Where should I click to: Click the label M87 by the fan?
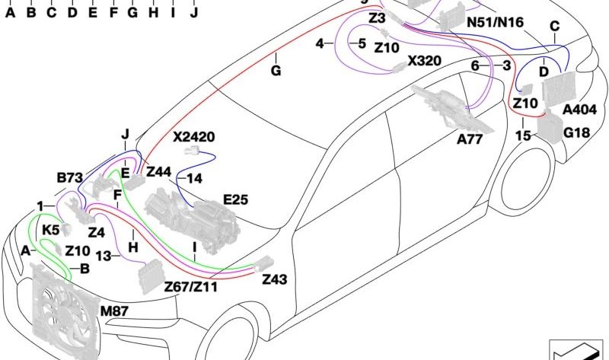click(114, 311)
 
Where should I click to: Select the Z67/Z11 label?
click(191, 287)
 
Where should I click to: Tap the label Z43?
click(275, 279)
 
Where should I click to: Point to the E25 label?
click(235, 199)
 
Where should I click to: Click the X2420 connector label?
click(194, 137)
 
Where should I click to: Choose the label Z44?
click(158, 172)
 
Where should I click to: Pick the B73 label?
click(70, 178)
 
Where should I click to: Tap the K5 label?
click(50, 230)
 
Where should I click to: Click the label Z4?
click(97, 232)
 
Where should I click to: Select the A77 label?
click(470, 139)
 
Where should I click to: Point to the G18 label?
click(576, 133)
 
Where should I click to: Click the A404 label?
click(579, 110)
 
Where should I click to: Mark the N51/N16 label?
click(495, 22)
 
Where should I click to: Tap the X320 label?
click(424, 61)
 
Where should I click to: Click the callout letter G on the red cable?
click(276, 71)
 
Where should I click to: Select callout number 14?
click(195, 179)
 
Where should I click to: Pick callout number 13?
click(104, 256)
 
